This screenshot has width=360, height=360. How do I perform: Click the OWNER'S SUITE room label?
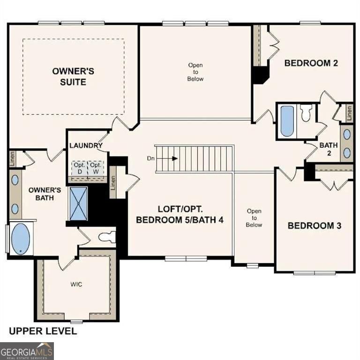(x=73, y=76)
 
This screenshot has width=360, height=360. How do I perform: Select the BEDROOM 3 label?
(x=314, y=225)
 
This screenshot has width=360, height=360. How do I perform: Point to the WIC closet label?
(x=76, y=285)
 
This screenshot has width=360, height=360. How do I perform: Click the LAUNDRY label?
(x=86, y=146)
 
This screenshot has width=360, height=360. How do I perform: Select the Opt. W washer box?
(x=96, y=168)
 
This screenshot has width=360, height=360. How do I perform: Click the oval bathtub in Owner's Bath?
(x=20, y=239)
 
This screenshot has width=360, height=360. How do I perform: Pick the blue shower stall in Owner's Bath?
(x=78, y=203)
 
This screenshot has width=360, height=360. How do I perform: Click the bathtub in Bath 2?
(x=287, y=120)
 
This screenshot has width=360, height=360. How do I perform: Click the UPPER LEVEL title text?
(x=43, y=331)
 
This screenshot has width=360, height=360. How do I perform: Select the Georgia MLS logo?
(x=27, y=351)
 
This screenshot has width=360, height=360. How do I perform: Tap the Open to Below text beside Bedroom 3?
(x=254, y=218)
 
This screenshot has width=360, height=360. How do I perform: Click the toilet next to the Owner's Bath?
(x=106, y=236)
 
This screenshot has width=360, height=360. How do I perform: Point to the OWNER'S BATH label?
(x=45, y=194)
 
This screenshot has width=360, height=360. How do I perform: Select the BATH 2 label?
(x=329, y=149)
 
